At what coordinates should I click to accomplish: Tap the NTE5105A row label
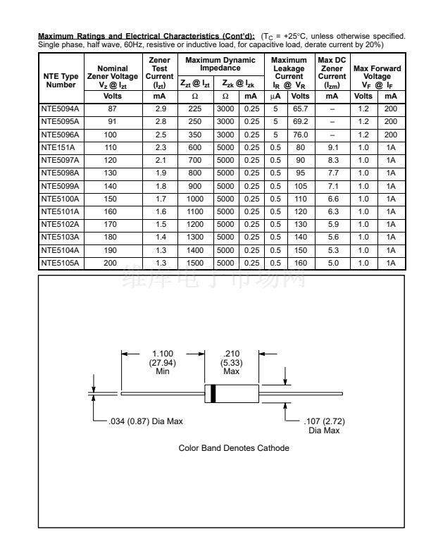(x=60, y=263)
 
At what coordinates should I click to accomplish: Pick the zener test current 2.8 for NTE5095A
(x=160, y=123)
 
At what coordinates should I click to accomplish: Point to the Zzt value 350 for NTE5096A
(x=194, y=135)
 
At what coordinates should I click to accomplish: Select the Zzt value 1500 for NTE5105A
(x=194, y=263)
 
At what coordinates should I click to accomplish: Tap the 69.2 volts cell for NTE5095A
(x=300, y=123)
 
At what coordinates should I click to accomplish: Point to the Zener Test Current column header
(x=160, y=73)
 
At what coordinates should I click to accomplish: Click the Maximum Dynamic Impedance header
(x=220, y=65)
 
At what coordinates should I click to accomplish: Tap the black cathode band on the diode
(x=213, y=392)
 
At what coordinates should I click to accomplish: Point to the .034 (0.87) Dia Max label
(x=145, y=421)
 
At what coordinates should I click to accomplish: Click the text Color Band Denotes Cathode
(x=234, y=448)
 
